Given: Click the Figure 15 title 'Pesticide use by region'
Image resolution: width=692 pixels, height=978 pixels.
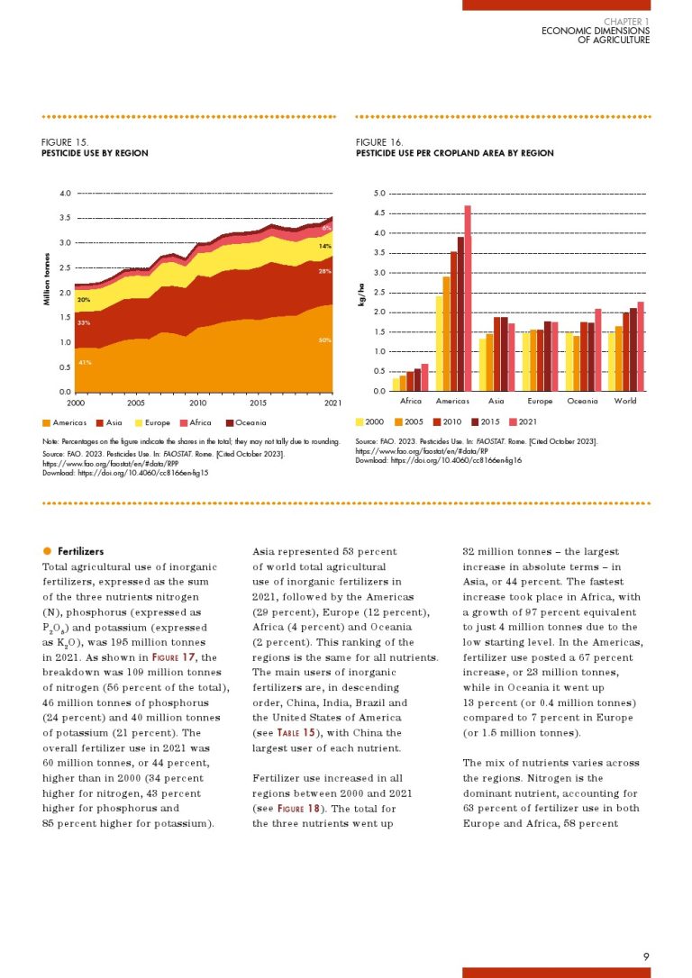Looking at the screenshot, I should [95, 153].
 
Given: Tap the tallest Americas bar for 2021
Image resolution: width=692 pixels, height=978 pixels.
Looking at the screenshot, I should [468, 298].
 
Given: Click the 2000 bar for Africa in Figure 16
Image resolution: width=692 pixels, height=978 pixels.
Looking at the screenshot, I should [396, 385].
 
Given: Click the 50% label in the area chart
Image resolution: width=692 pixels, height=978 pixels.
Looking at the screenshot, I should [325, 340].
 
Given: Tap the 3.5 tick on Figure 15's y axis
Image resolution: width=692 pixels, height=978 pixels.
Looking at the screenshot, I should [65, 218].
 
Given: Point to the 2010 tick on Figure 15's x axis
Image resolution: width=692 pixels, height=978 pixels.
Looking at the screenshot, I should [198, 403].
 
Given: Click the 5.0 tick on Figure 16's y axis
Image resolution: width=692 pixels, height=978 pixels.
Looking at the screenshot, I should [379, 194].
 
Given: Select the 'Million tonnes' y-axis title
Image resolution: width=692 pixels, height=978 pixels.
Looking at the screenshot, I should [48, 279].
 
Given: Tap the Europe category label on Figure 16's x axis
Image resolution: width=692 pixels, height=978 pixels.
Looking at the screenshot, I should [539, 401].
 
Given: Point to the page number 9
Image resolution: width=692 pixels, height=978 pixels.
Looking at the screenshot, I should [646, 955].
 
